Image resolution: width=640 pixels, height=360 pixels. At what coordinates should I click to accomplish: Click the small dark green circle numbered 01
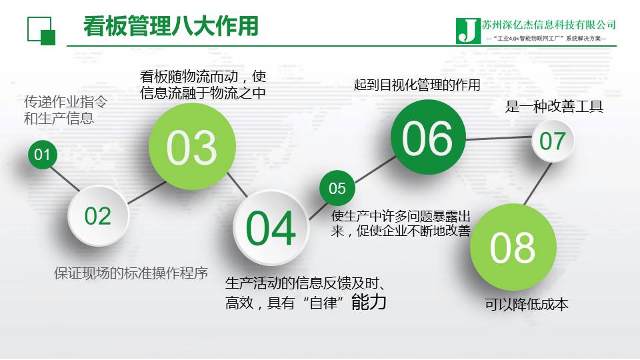(x=43, y=154)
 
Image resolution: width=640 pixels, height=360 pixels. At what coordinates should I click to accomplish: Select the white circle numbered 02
(x=98, y=215)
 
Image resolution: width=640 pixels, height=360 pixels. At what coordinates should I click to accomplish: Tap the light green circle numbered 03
(x=192, y=146)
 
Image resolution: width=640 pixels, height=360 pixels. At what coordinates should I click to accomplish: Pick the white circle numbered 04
(x=271, y=227)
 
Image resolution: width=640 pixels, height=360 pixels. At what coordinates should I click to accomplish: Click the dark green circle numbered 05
(x=337, y=188)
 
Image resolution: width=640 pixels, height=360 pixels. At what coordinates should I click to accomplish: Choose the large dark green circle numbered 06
(x=428, y=137)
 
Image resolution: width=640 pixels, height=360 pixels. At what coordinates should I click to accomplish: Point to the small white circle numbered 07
(x=553, y=141)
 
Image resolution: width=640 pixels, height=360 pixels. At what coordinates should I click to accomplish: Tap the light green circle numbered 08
(x=513, y=247)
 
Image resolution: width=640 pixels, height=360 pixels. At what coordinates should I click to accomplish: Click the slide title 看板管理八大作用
(x=171, y=26)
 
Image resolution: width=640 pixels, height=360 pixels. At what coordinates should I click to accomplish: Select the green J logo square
(x=468, y=31)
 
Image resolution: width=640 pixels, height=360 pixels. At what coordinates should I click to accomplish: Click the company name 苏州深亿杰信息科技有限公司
(x=549, y=25)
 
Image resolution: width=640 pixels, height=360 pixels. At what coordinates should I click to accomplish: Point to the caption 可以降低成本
(x=527, y=304)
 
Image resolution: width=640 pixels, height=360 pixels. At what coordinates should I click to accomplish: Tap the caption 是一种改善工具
(x=554, y=107)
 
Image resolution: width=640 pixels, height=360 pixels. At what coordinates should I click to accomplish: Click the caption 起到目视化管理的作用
(x=417, y=85)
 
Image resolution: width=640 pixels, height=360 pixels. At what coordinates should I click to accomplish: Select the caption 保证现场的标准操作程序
(x=131, y=273)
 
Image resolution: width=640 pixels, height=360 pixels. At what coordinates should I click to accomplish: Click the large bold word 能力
(x=369, y=301)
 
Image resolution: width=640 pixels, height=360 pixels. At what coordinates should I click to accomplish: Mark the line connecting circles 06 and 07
(x=499, y=139)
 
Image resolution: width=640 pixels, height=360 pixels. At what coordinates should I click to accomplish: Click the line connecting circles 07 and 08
(x=537, y=183)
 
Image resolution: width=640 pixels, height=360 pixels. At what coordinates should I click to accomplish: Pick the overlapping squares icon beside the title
(x=41, y=31)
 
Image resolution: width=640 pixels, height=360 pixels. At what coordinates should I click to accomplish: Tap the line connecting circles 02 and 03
(x=147, y=193)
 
